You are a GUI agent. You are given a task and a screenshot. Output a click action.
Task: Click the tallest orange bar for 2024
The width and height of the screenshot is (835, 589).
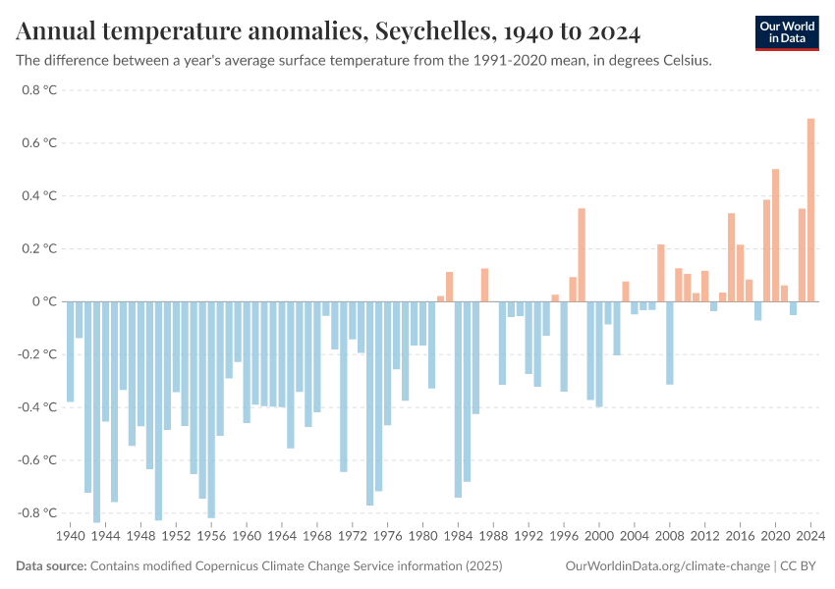[810, 210]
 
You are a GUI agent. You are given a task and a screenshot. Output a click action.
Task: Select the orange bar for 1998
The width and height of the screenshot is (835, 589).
[582, 255]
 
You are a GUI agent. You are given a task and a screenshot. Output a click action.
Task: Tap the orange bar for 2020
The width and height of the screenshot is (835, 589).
[775, 236]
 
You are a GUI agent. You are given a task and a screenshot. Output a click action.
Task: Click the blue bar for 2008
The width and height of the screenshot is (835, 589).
[670, 343]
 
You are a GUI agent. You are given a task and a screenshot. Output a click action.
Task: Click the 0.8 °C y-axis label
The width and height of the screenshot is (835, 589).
[39, 90]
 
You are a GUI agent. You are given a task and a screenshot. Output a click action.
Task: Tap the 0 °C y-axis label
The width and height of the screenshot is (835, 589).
[45, 301]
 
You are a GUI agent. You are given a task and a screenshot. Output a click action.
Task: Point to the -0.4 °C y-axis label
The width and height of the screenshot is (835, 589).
[37, 407]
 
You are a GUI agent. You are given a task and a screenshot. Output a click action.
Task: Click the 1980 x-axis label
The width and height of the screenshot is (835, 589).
[423, 537]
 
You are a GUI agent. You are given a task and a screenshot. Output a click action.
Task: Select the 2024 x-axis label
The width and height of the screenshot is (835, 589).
[810, 537]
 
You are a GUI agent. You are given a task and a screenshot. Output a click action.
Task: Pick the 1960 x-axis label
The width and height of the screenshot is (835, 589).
[247, 537]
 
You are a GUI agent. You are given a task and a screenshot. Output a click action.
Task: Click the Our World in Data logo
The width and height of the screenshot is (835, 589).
[787, 32]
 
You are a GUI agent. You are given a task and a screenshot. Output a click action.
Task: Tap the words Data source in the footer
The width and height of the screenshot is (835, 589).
[51, 566]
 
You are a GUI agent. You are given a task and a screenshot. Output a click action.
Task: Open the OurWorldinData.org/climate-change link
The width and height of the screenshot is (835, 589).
[667, 566]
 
